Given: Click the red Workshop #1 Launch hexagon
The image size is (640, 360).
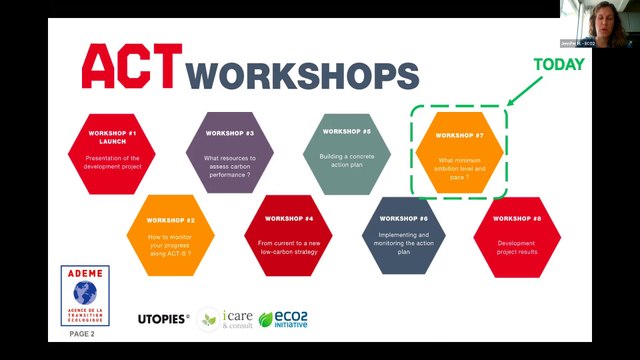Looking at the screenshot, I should [x=113, y=153].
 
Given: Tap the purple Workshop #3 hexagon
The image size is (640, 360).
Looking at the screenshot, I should [x=230, y=153].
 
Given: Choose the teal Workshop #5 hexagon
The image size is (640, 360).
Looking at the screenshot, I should [x=346, y=151].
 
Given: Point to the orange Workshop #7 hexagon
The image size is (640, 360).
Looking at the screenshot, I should [x=460, y=152].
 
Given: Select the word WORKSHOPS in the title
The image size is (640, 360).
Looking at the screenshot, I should [x=303, y=74].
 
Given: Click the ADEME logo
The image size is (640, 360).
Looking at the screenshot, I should [x=85, y=296].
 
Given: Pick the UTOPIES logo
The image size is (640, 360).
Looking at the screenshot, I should [x=164, y=319].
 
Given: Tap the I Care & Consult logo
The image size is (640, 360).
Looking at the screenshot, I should [x=223, y=319].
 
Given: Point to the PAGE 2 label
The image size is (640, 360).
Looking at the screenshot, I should [x=82, y=334].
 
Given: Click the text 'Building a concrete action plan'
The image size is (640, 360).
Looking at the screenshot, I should [x=346, y=161].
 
